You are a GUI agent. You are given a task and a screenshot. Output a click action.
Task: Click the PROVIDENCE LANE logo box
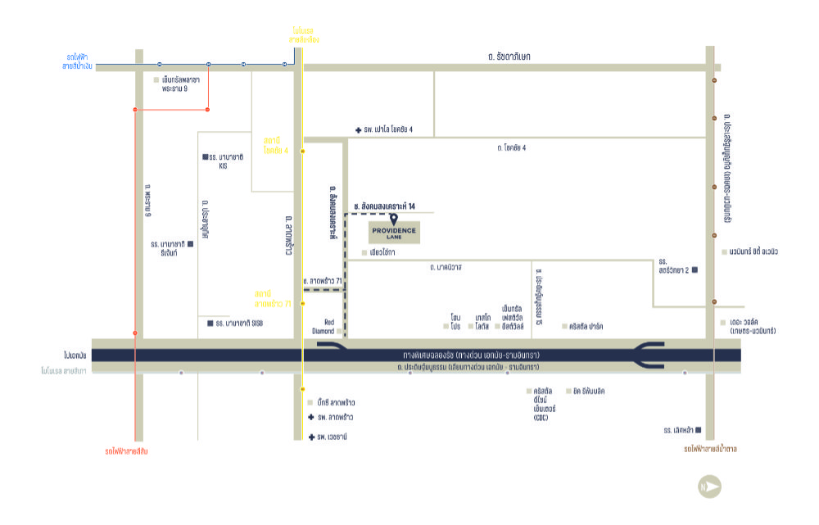point(393,233)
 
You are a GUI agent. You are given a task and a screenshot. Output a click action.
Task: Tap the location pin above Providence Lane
point(394,219)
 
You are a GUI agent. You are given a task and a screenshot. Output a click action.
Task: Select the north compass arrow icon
point(709,488)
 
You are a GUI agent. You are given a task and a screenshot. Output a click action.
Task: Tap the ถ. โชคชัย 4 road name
point(511,148)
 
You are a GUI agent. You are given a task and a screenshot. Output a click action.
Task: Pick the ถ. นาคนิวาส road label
point(446,268)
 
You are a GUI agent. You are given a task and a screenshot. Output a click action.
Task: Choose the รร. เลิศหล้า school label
point(679,429)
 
